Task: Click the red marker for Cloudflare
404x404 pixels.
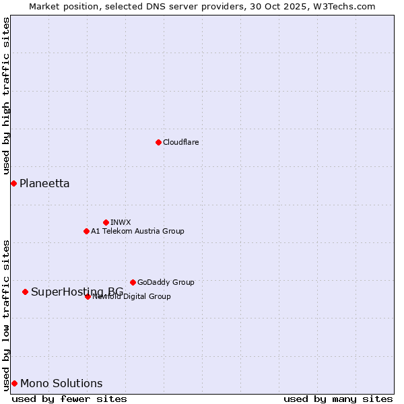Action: pyautogui.click(x=158, y=142)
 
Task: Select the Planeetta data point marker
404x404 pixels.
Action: pyautogui.click(x=13, y=183)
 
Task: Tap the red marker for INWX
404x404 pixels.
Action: pyautogui.click(x=106, y=222)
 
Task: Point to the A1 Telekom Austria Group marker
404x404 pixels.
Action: pyautogui.click(x=86, y=231)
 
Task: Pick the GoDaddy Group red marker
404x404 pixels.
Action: pyautogui.click(x=133, y=282)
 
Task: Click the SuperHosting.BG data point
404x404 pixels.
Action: pyautogui.click(x=25, y=292)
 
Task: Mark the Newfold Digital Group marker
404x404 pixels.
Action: pyautogui.click(x=88, y=296)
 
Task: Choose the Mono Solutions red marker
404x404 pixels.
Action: pyautogui.click(x=14, y=383)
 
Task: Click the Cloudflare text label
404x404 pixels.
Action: pyautogui.click(x=180, y=142)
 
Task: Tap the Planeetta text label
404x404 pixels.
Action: pyautogui.click(x=44, y=183)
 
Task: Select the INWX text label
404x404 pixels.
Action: pyautogui.click(x=121, y=222)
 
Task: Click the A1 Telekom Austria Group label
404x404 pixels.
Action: pyautogui.click(x=137, y=231)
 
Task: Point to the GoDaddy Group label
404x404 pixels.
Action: pyautogui.click(x=166, y=282)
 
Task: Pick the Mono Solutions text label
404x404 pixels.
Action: pyautogui.click(x=61, y=383)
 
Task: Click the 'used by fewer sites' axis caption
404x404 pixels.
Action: pyautogui.click(x=69, y=399)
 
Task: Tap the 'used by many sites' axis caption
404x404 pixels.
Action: pyautogui.click(x=338, y=399)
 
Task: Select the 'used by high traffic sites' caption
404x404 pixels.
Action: pyautogui.click(x=6, y=96)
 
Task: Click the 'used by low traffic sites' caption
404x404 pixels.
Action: pyautogui.click(x=6, y=314)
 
